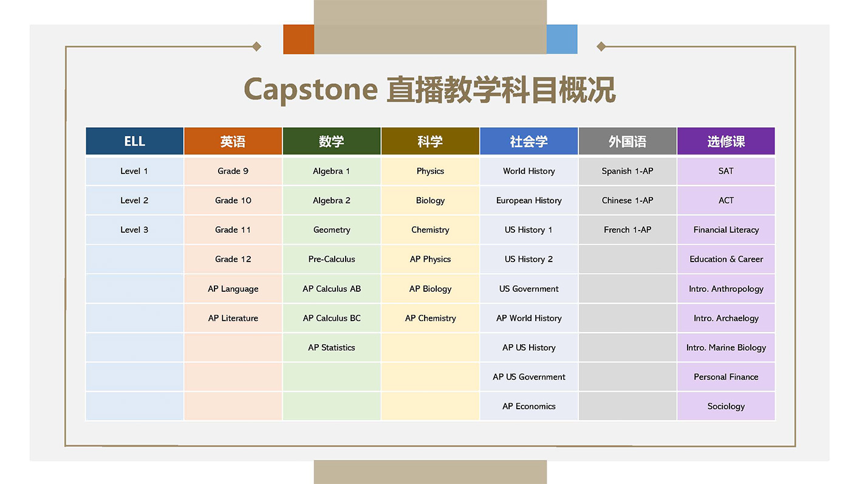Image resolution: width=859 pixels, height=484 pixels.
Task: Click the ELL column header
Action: [x=134, y=141]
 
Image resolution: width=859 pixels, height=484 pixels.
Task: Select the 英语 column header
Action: [x=233, y=141]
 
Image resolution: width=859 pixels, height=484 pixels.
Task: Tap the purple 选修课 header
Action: [x=726, y=141]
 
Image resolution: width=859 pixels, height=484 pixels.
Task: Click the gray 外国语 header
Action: [x=627, y=141]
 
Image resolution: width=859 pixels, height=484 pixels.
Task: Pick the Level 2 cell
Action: [x=134, y=200]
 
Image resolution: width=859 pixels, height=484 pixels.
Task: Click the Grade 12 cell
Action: [x=233, y=259]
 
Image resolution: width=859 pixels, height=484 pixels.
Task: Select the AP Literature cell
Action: [x=233, y=318]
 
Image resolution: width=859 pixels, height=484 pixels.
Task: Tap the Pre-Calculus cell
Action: [x=332, y=259]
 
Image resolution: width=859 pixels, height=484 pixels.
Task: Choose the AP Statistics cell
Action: [x=332, y=347]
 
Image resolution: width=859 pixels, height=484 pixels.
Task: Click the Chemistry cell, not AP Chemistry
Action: [x=430, y=230]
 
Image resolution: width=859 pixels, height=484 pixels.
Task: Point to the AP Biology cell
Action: [x=430, y=289]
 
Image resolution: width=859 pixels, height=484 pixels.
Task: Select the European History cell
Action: [x=529, y=200]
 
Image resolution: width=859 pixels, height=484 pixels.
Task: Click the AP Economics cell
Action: [x=529, y=406]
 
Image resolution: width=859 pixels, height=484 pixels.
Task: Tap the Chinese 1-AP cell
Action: [x=627, y=200]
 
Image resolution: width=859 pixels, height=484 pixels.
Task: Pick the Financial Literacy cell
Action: [x=726, y=230]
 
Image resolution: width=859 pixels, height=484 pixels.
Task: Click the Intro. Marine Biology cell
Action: [x=726, y=347]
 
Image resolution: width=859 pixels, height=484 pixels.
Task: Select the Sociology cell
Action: [x=726, y=406]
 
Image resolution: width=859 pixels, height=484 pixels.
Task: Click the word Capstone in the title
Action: [x=310, y=89]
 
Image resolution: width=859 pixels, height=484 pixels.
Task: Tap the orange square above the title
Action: [x=298, y=40]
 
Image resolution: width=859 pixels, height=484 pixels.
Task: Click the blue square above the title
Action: [x=562, y=40]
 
